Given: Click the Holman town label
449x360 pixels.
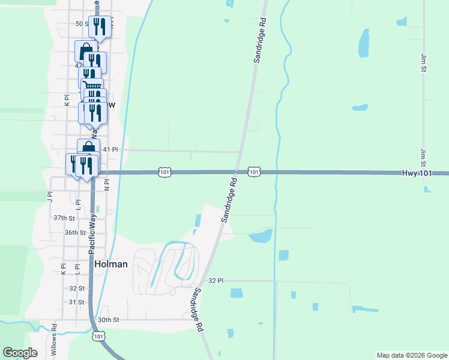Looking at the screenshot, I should (111, 263).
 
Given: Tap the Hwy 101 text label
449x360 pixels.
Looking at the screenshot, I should (417, 173).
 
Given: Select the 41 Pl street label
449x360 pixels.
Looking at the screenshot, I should (111, 149).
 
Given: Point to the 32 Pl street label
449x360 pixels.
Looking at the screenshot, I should (215, 280).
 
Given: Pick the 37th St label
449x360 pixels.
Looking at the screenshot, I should (64, 218).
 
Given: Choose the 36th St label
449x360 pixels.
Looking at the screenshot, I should (75, 232).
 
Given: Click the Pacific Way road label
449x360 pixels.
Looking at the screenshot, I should (92, 235).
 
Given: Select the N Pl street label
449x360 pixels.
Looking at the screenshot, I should (107, 184).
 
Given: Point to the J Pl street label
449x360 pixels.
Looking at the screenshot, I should (50, 196).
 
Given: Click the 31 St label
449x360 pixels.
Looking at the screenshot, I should (76, 302).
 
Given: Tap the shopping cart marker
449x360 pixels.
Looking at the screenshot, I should (92, 88).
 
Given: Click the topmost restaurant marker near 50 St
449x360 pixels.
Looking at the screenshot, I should (100, 26).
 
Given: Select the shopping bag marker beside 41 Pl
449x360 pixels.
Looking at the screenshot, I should (88, 148).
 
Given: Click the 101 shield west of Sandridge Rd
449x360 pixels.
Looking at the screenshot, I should (164, 172).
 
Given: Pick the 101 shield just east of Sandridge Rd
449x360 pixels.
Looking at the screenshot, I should (254, 172).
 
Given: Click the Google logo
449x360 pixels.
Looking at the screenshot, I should (20, 353).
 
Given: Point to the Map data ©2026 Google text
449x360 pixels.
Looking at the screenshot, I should (411, 355).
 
